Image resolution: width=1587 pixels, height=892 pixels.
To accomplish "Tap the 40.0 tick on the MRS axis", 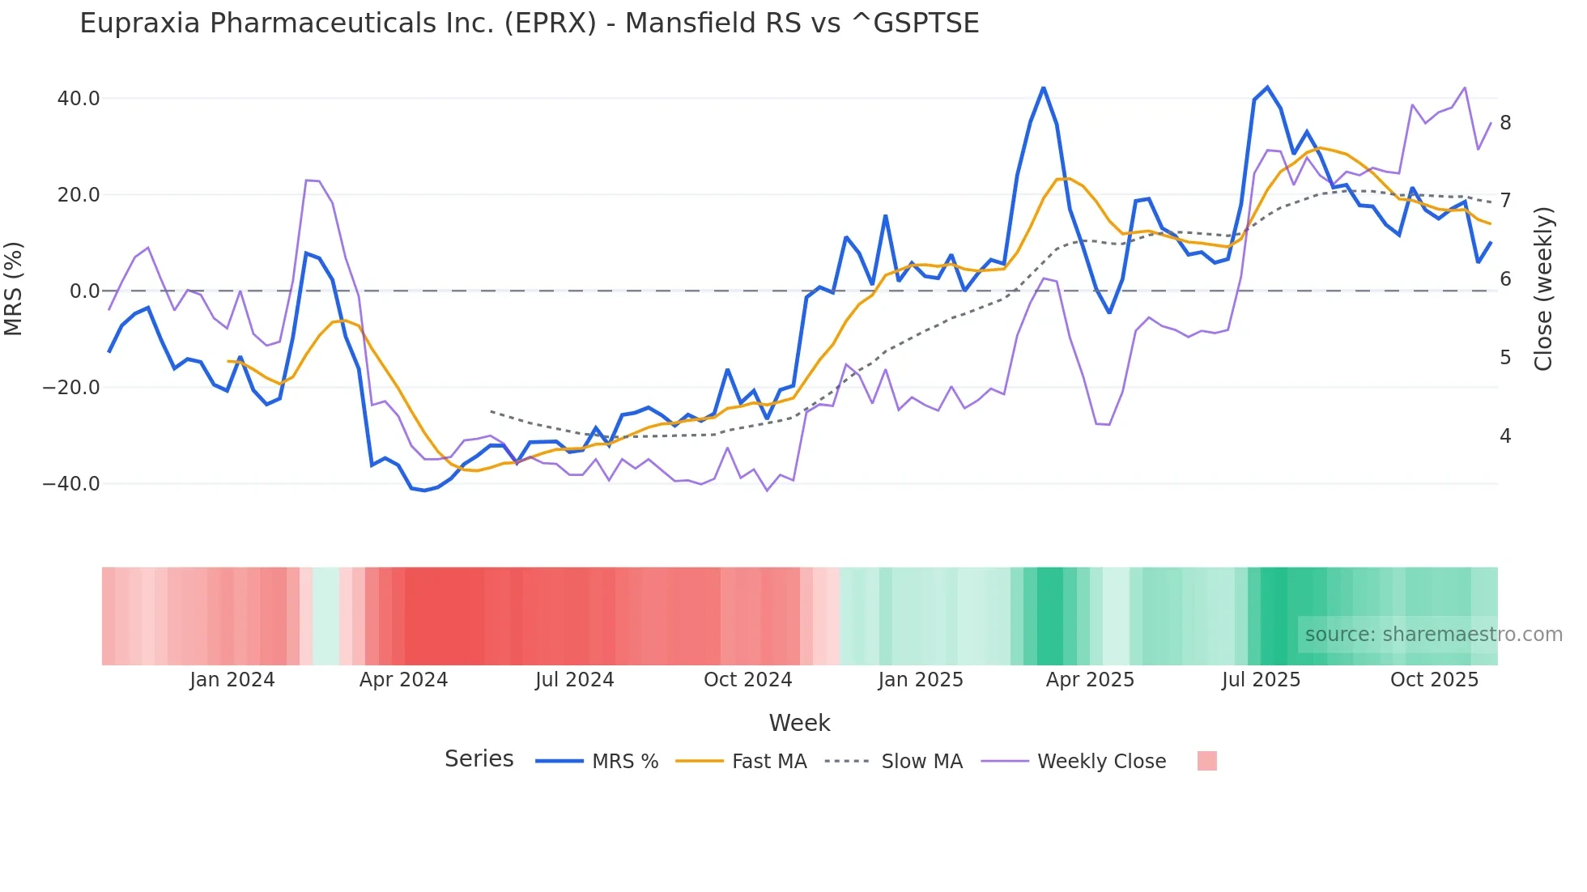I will [79, 99].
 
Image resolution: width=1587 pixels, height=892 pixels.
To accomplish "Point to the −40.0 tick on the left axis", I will [71, 484].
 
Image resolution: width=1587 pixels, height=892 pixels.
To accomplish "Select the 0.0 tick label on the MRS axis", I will [85, 291].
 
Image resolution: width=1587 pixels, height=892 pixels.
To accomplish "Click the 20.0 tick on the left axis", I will [79, 195].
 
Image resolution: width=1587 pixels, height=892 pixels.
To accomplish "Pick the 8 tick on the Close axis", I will [1505, 123].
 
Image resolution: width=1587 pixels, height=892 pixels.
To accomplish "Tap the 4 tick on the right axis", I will [1505, 436].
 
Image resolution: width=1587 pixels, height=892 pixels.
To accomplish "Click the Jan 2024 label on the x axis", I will [232, 680].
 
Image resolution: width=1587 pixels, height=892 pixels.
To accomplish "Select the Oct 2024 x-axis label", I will [747, 680].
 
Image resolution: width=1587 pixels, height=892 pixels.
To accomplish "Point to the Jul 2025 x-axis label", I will [1261, 680].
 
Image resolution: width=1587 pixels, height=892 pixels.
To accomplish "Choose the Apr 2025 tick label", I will [1090, 680].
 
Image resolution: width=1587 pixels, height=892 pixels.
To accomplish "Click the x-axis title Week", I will [799, 723].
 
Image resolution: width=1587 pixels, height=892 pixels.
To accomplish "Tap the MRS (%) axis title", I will [14, 288].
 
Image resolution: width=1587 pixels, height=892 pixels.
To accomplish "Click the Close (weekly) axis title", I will [1544, 288].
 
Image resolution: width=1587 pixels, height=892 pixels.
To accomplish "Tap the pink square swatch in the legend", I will [1206, 761].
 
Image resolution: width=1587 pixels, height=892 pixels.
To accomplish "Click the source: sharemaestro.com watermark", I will [1433, 635].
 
